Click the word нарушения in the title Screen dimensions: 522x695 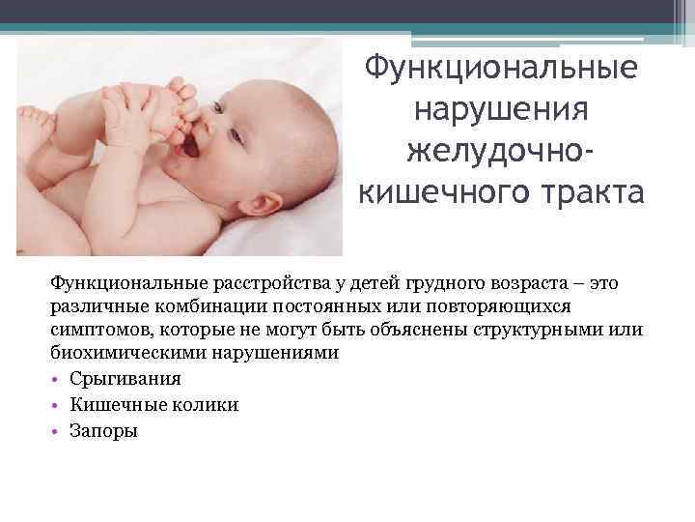click(500, 112)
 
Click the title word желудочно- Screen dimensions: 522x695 click(500, 154)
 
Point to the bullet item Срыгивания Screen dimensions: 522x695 click(125, 379)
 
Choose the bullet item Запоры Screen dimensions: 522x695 click(104, 431)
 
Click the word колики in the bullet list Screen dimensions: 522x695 click(208, 405)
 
